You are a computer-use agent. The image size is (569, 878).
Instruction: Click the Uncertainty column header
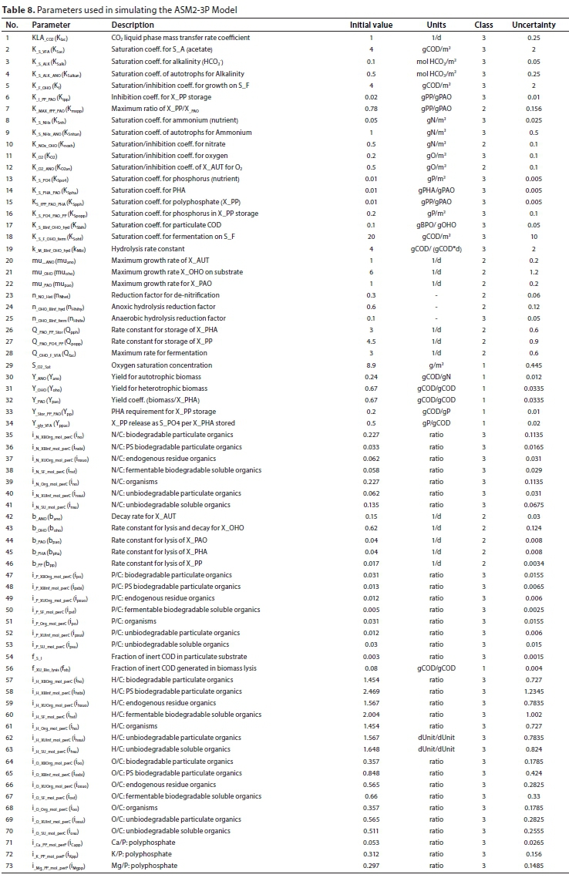[x=534, y=25]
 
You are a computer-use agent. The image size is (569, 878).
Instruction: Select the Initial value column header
[x=371, y=25]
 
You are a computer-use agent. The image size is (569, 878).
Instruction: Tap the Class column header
[x=483, y=25]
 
